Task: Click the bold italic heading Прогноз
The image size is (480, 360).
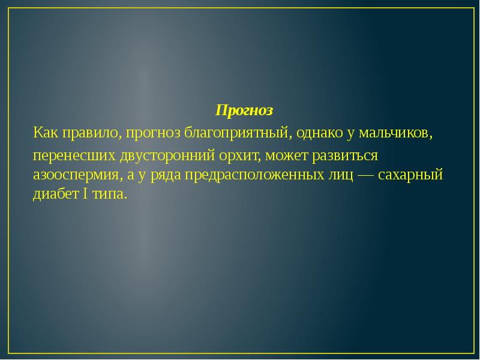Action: point(244,111)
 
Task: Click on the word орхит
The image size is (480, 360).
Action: point(239,156)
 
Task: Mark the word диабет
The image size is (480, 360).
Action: point(55,194)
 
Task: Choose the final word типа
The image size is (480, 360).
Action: point(111,194)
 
